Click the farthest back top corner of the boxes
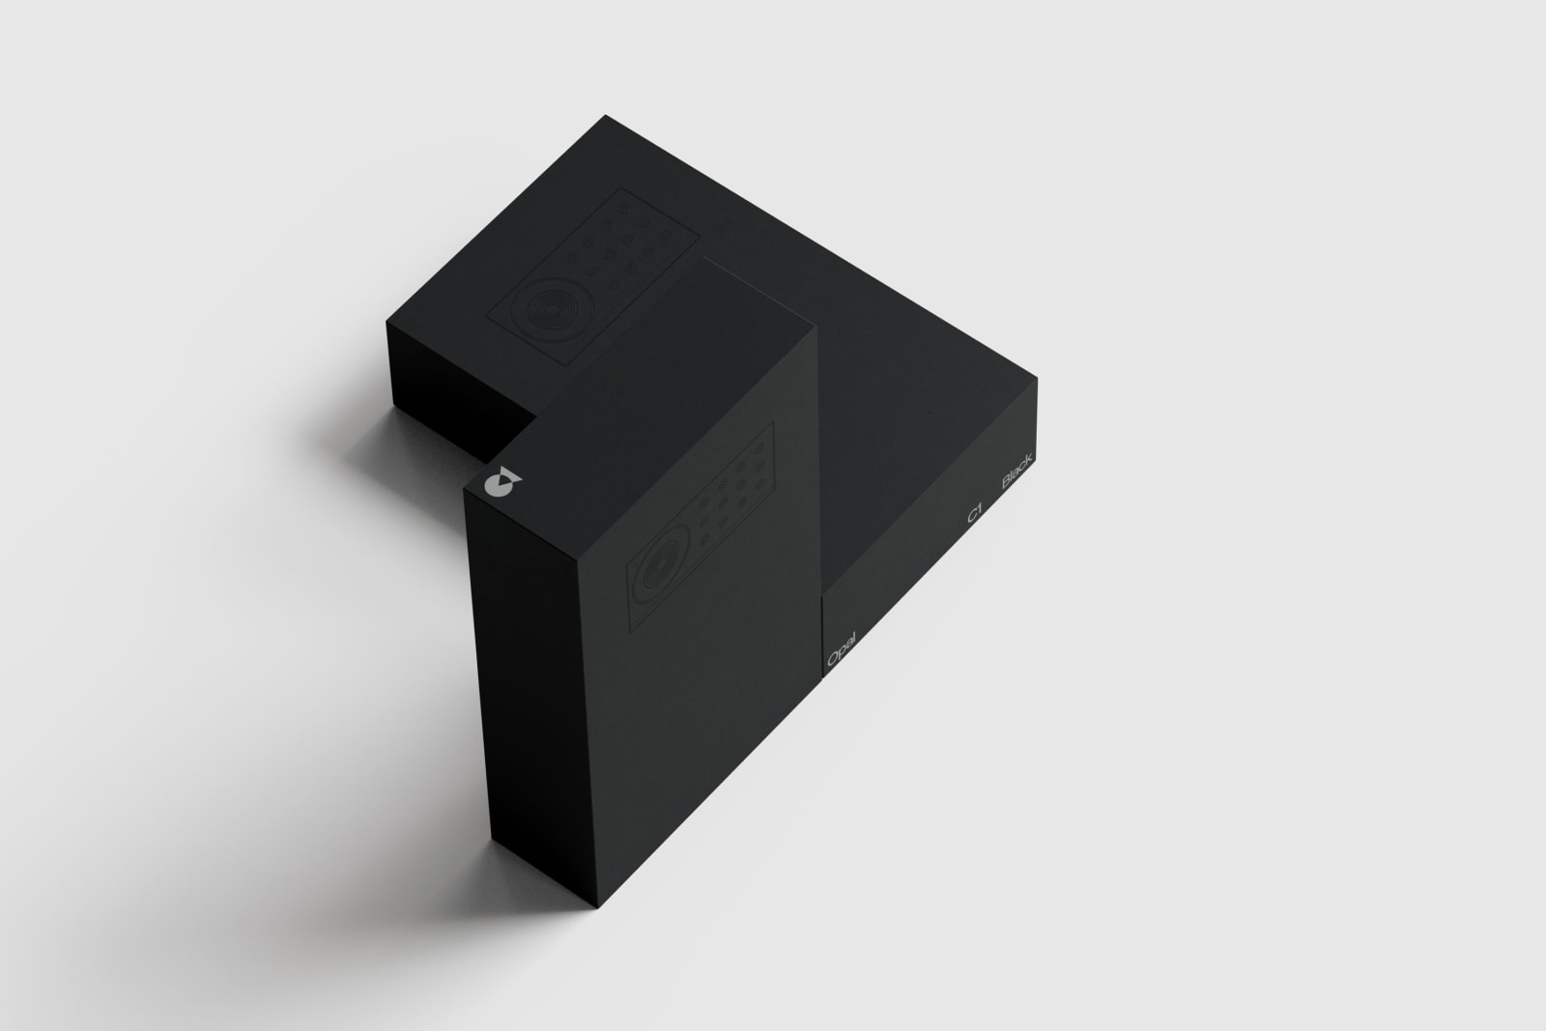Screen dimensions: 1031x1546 pyautogui.click(x=606, y=116)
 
